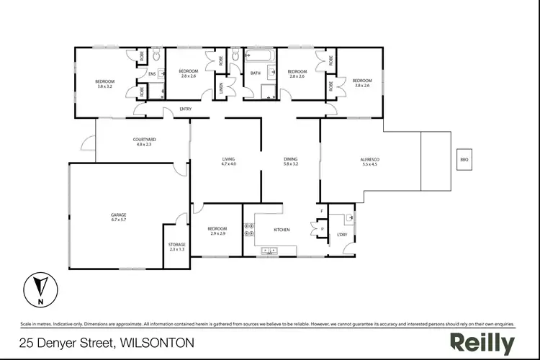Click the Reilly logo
[482, 343]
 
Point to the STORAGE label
[177, 244]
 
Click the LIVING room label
[229, 159]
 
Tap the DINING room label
[291, 159]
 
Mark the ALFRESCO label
[369, 159]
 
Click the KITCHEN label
[282, 230]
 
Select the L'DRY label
[343, 235]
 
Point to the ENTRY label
[166, 109]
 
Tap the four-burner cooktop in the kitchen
[250, 230]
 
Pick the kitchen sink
[270, 251]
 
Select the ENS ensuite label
[152, 73]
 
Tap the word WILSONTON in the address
[156, 343]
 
